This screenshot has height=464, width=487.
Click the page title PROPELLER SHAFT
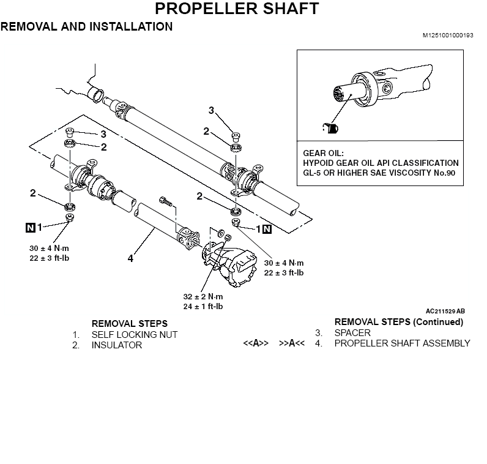236,9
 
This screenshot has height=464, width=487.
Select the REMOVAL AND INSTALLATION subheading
86,27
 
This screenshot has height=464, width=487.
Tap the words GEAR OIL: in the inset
324,153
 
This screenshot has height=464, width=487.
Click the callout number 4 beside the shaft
130,259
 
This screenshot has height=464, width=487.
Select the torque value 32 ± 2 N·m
203,296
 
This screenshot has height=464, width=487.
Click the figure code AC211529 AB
445,311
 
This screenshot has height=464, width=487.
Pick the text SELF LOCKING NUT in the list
135,335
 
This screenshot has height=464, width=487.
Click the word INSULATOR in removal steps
117,345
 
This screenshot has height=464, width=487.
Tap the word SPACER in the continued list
352,333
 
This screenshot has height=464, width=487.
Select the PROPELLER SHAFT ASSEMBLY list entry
402,343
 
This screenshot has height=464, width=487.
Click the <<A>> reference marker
256,343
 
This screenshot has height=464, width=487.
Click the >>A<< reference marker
292,343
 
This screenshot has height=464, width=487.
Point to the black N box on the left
30,227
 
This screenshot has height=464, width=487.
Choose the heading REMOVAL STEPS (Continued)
399,322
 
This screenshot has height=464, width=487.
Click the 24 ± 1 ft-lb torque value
203,306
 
